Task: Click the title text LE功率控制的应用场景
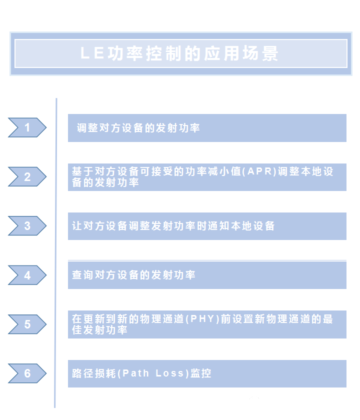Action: (x=179, y=53)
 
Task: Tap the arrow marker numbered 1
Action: (x=27, y=127)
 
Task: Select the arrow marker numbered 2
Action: (x=27, y=177)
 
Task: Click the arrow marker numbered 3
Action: (x=27, y=226)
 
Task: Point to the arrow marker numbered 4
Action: (x=27, y=275)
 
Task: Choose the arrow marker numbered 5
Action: (x=27, y=324)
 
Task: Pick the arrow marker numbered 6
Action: (x=27, y=373)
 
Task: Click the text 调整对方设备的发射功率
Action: (x=138, y=128)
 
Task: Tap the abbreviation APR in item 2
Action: (x=259, y=171)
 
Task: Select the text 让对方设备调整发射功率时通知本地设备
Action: (x=173, y=226)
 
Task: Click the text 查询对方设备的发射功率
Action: (x=133, y=275)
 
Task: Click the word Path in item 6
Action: (x=135, y=373)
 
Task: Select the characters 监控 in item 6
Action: (x=201, y=373)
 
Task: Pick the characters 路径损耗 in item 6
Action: (x=94, y=373)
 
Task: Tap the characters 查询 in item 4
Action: (x=82, y=275)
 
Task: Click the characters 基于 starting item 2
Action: (x=82, y=171)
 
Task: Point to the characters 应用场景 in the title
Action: (x=241, y=53)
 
